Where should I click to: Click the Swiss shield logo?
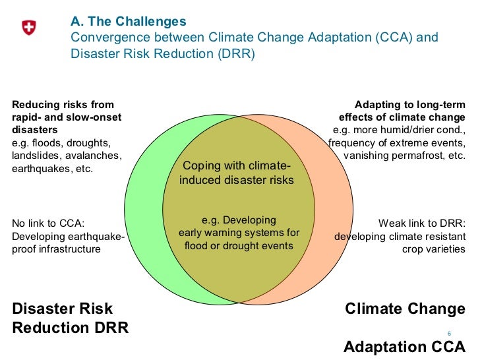[29, 28]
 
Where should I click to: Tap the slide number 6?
[449, 333]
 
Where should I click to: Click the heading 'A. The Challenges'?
[128, 22]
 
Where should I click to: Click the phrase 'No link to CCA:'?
[48, 223]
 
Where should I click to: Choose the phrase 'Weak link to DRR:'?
[422, 223]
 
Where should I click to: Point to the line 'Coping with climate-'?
[235, 165]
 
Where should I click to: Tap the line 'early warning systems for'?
[239, 233]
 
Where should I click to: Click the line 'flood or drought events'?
[239, 246]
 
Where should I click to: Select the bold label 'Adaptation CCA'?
[404, 347]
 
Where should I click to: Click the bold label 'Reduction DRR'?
[70, 328]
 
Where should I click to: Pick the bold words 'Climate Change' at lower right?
[405, 309]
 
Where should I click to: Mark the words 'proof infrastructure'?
[57, 249]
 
